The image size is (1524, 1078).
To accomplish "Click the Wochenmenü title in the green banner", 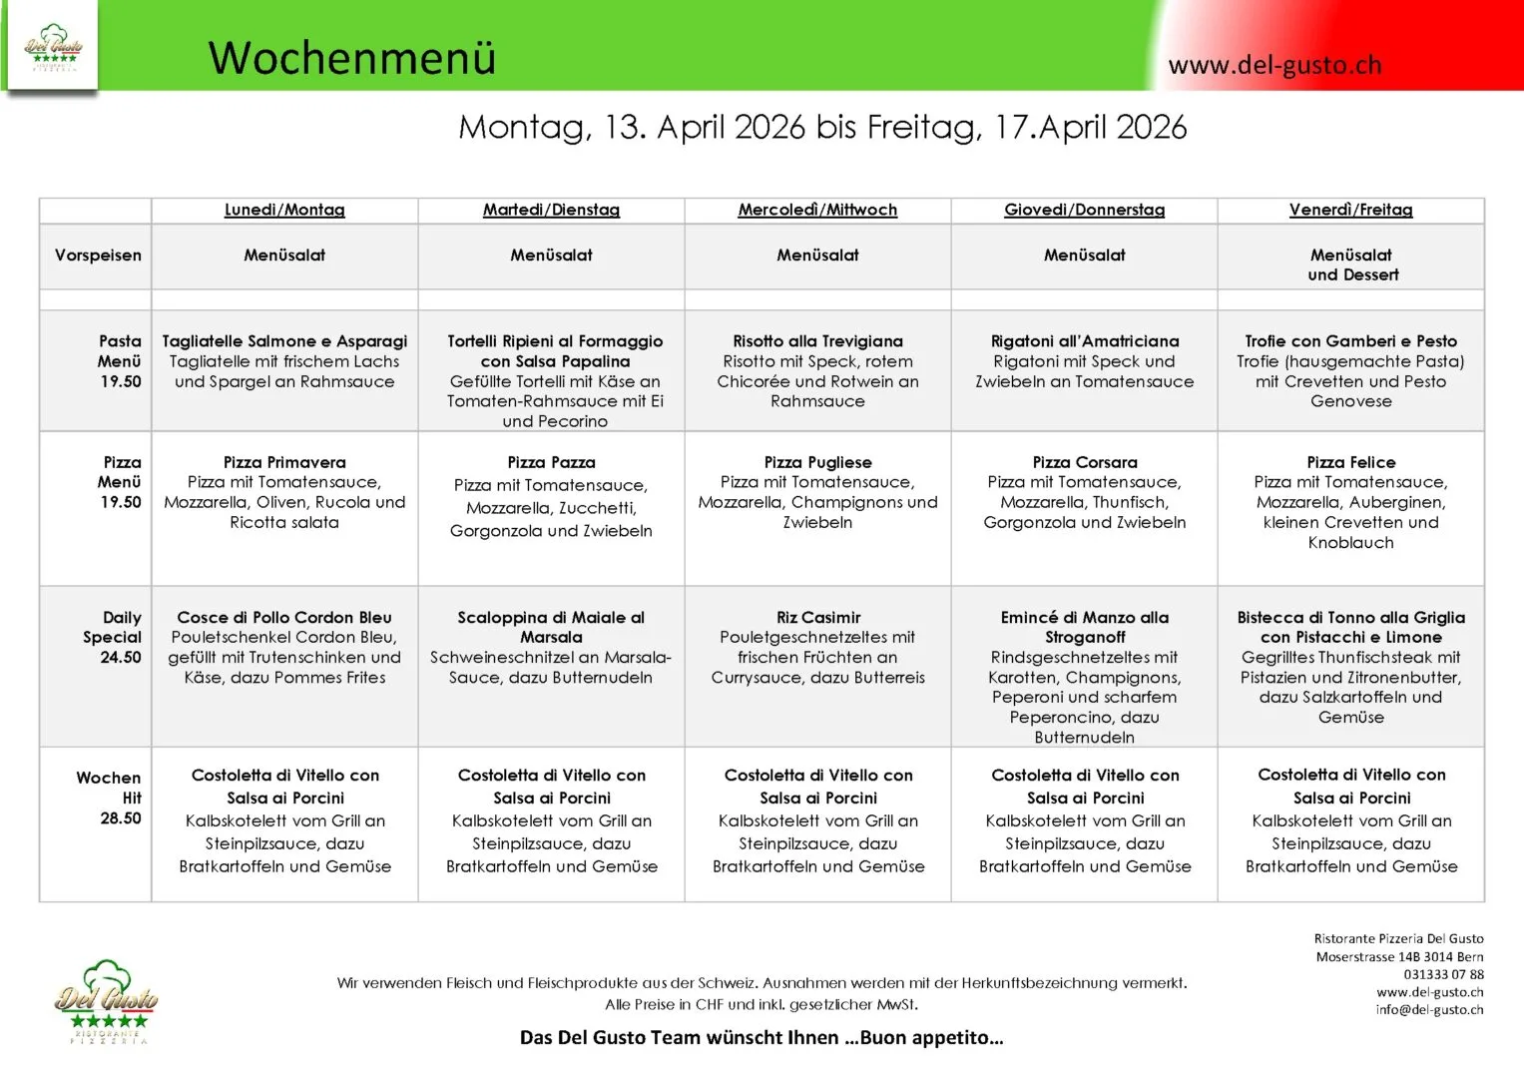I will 351,58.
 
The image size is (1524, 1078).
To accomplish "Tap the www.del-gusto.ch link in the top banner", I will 1274,66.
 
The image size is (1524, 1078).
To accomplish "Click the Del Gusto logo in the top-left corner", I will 52,47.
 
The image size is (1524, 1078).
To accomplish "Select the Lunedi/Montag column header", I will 284,210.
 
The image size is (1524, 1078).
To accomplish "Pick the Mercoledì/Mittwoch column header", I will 817,210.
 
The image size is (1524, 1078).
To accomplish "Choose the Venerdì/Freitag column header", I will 1350,210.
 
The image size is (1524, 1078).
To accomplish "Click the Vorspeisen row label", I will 98,256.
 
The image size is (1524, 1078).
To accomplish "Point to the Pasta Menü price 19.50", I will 121,381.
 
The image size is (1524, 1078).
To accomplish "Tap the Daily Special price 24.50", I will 121,657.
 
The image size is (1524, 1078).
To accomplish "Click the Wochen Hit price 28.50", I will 121,817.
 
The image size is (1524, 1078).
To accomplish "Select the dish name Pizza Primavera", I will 284,462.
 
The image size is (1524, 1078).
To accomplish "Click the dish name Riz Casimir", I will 817,618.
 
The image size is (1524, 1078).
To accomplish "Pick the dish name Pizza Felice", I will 1350,462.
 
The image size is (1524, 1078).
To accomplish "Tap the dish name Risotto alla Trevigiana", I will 817,341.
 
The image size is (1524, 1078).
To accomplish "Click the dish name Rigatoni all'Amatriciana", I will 1084,341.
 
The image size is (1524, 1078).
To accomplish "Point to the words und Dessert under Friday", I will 1352,275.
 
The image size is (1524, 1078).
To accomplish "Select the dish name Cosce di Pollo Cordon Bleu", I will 284,618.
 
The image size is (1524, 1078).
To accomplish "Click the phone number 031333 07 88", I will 1443,974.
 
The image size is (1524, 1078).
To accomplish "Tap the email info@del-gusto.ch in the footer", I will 1429,1010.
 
